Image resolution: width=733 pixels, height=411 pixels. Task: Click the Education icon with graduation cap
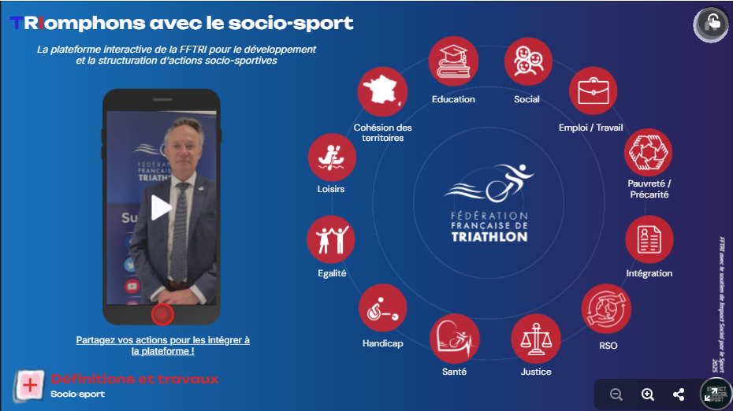click(x=453, y=62)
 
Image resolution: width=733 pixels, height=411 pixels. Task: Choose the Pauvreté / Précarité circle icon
click(x=648, y=152)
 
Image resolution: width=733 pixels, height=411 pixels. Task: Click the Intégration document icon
click(x=649, y=239)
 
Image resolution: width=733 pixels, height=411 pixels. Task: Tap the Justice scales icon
click(x=535, y=338)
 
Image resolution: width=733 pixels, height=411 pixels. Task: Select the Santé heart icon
click(x=454, y=338)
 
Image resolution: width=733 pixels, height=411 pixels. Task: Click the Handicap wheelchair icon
click(x=382, y=308)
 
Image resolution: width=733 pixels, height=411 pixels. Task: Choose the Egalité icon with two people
click(x=331, y=239)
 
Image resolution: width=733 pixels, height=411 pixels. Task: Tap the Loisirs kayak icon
click(x=331, y=157)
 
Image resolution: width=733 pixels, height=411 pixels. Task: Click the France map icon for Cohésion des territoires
click(x=382, y=91)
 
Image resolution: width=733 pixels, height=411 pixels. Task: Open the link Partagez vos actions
click(x=162, y=346)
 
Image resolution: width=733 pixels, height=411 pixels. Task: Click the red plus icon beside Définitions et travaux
click(x=30, y=385)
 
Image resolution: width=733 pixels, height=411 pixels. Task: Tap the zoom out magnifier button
click(x=616, y=394)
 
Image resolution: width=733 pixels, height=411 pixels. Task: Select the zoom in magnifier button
click(x=648, y=394)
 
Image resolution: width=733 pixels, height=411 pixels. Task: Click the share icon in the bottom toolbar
click(x=679, y=394)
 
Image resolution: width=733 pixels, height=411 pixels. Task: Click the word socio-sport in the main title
click(x=304, y=23)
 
